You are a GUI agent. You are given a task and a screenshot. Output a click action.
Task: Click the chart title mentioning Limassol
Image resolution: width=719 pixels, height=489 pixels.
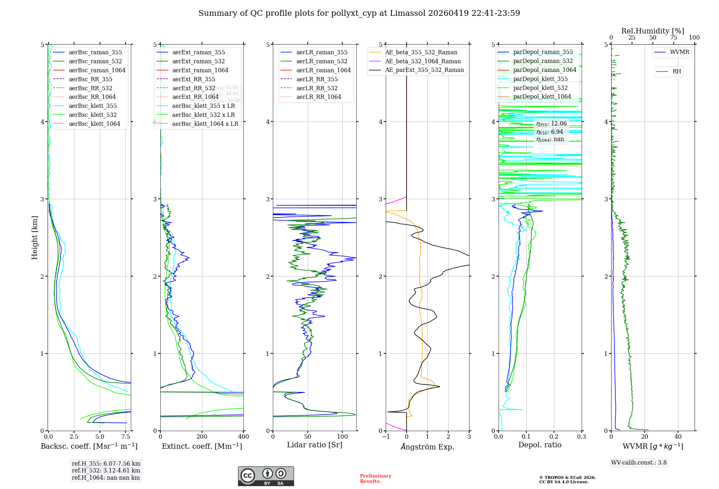pos(359,13)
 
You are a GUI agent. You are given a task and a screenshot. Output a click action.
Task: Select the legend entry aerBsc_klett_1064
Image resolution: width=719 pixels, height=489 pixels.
pos(94,124)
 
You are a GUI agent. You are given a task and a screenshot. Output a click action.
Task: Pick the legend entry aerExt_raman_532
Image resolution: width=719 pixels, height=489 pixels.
pos(198,61)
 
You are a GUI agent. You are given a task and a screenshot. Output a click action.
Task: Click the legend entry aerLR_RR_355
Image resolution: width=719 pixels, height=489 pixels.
pos(317,79)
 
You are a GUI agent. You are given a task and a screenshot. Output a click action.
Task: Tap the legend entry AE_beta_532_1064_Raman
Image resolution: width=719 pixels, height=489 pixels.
pos(423,61)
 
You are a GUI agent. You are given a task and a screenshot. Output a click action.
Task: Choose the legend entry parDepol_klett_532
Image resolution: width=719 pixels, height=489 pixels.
pos(540,88)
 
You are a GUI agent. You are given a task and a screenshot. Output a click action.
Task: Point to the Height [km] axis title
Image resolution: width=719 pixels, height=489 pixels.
pos(35,238)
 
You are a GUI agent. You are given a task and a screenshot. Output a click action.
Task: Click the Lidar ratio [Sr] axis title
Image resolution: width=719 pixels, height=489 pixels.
pos(315,445)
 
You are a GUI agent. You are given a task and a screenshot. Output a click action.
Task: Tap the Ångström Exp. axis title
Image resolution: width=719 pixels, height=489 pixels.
pos(427,447)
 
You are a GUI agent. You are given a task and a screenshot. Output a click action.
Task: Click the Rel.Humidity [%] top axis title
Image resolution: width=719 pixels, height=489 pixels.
pos(652,31)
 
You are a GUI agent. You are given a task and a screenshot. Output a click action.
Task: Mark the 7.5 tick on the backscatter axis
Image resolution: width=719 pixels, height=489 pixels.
pos(126,437)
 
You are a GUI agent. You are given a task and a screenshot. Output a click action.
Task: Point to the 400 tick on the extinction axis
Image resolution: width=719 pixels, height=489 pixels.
pos(243,437)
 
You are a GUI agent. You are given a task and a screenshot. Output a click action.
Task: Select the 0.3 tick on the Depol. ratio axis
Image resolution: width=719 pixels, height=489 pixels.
pos(581,437)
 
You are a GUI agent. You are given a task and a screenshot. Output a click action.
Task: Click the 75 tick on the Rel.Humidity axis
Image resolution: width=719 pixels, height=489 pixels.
pos(673,38)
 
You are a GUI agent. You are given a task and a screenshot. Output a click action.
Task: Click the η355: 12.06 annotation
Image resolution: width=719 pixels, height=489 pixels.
pos(551,124)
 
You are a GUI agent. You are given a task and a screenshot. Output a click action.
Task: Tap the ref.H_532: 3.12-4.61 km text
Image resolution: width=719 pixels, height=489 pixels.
pos(106,470)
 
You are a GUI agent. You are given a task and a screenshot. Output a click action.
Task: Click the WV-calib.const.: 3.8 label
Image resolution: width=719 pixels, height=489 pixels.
pos(639,463)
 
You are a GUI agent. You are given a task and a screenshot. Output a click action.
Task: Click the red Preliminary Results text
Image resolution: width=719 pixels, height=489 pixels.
pos(375,478)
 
